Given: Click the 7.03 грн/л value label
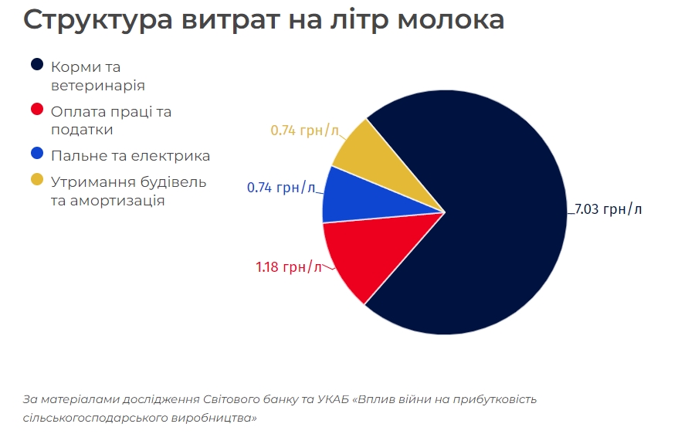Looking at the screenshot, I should pos(608,209).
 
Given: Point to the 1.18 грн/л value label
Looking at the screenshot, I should pos(288,267).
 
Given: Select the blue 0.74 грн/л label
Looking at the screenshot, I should pos(280,187).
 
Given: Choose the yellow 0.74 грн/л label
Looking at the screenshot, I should pos(304,130).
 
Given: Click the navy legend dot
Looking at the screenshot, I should pos(37,66).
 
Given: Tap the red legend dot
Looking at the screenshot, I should pos(37,110).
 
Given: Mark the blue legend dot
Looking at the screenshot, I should pos(37,155).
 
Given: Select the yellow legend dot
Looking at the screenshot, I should pos(37,181).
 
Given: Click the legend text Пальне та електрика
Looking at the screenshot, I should pos(131,156).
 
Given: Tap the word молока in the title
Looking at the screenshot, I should pos(450,20).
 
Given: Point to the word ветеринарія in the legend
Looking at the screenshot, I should pos(97,86).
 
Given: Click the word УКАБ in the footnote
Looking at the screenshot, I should pos(334,399).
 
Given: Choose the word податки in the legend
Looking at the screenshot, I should pos(82,131).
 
